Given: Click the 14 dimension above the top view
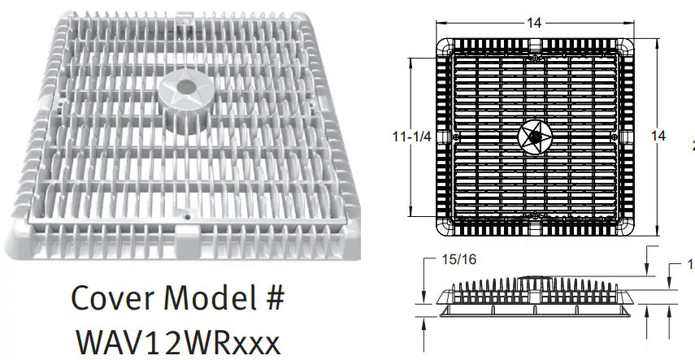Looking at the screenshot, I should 534,24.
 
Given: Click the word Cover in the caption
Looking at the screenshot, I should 113,298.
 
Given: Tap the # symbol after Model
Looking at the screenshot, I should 274,299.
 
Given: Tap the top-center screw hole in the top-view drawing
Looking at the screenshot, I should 534,57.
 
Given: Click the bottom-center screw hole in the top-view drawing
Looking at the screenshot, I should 534,215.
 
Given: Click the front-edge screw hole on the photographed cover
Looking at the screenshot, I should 186,217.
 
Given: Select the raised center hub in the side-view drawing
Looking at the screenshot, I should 535,279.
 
